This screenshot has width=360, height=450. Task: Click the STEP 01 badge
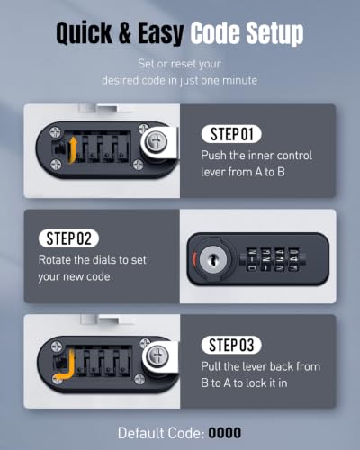tap(231, 134)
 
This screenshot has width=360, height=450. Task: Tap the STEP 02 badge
tap(68, 238)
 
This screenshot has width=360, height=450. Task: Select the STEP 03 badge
tap(231, 345)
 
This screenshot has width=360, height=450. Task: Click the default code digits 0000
tap(225, 433)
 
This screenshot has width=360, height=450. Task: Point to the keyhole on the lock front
tap(213, 258)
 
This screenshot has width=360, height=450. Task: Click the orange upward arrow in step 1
tap(72, 149)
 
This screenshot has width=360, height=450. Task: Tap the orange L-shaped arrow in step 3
tap(65, 366)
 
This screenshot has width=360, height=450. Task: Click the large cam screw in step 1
tap(156, 140)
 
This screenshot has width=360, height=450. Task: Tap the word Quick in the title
tap(84, 32)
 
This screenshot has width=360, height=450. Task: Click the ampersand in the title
tap(125, 32)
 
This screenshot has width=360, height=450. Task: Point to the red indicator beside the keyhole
tap(194, 258)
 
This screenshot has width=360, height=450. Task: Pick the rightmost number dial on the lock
tap(294, 259)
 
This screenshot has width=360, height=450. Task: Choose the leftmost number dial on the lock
tap(252, 259)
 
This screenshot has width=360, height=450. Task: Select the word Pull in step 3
tap(211, 366)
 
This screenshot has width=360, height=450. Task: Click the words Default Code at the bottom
tap(161, 433)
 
